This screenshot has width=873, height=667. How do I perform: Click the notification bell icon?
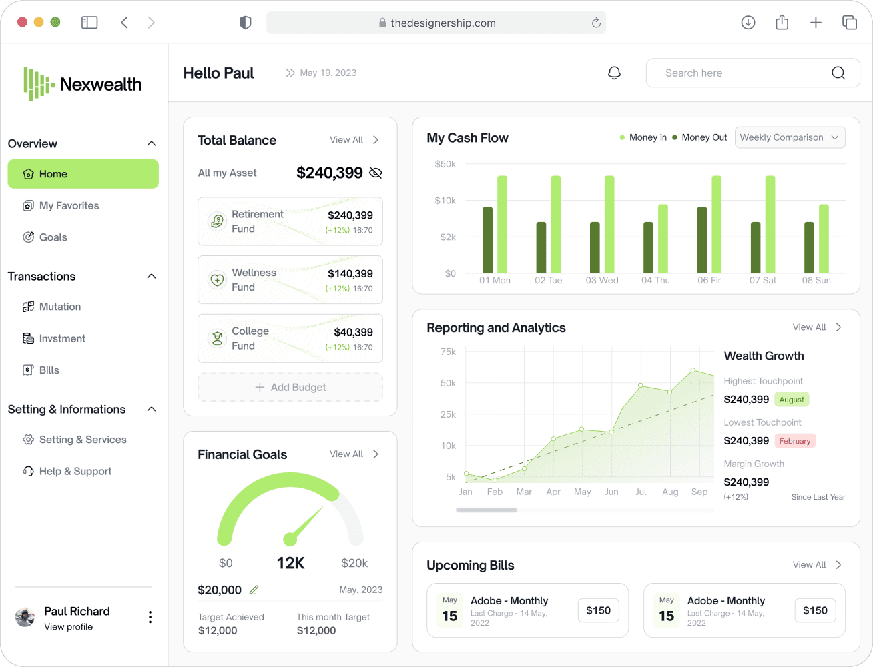coord(614,73)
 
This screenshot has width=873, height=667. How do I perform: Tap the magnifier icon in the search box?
coord(838,73)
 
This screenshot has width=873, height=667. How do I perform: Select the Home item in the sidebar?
coord(83,173)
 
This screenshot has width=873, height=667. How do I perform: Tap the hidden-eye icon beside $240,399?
coord(376,173)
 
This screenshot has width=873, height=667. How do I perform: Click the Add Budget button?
coord(290,387)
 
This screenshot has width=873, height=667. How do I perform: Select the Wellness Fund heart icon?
coord(217,280)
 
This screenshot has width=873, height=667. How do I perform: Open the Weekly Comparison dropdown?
coord(790,137)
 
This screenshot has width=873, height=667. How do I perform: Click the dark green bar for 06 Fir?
coord(702,239)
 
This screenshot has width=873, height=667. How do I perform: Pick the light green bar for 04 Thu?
coord(663,239)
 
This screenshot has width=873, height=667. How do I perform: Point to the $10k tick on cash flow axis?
coord(445,200)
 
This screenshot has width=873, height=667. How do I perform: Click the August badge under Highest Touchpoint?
coord(792,399)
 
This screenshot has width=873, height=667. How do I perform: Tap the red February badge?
coord(795,440)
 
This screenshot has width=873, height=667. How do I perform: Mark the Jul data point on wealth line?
coord(641,385)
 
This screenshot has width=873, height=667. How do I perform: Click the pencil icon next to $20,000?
coord(254,590)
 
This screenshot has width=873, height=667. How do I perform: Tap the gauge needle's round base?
coord(290,539)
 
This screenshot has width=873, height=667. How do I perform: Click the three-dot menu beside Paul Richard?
coord(150,617)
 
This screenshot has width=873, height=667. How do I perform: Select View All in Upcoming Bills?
coord(809,564)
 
